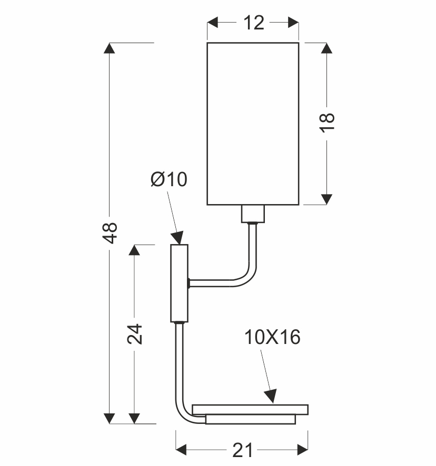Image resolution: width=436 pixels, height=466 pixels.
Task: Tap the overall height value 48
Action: [110, 233]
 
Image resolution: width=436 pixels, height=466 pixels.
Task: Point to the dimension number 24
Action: [135, 333]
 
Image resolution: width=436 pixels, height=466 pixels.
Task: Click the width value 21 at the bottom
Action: [242, 450]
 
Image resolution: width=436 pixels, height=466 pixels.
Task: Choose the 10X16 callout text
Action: [272, 337]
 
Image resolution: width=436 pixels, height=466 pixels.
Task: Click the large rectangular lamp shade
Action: [253, 124]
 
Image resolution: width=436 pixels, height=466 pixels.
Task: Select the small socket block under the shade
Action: [253, 214]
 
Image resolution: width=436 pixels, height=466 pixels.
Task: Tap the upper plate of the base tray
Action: [250, 409]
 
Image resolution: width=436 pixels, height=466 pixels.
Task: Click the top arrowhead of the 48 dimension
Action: [110, 48]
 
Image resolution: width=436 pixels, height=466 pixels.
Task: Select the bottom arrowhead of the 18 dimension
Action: [327, 199]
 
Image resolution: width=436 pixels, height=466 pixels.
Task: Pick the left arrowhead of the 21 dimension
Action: [181, 450]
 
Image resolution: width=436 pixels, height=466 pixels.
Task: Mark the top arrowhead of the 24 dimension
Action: [135, 250]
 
